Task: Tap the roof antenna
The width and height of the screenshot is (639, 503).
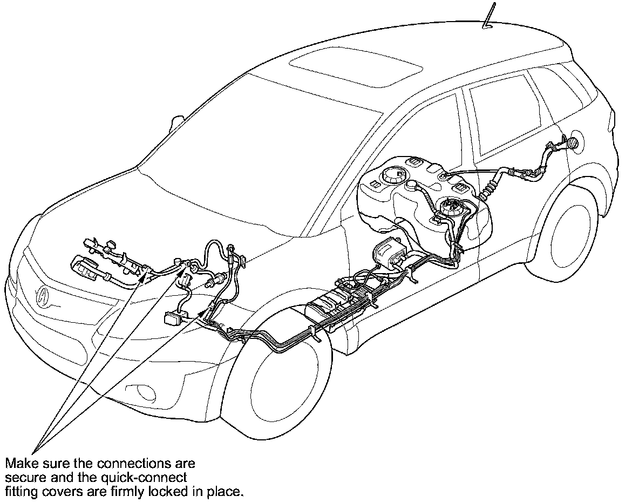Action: [489, 16]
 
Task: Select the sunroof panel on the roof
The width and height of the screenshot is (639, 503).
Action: [355, 66]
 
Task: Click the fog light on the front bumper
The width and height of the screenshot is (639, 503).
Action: [145, 392]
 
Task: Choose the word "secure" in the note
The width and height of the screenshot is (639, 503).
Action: [25, 477]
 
